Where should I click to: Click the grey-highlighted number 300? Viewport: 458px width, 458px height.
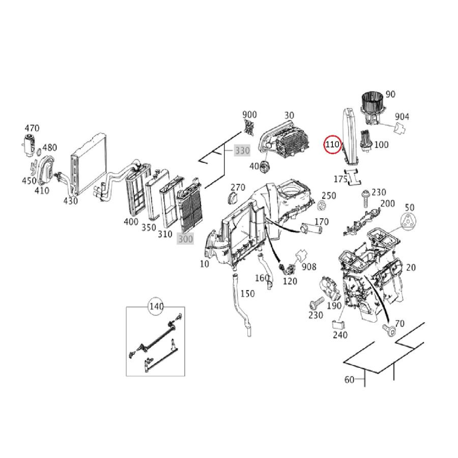click(x=185, y=238)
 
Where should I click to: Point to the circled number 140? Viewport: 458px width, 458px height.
click(x=156, y=306)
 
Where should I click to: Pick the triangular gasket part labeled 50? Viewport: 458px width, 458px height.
click(x=409, y=222)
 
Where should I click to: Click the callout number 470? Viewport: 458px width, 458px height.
click(x=32, y=128)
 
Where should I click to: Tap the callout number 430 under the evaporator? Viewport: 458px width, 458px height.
click(x=70, y=201)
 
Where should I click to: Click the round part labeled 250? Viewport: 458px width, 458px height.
click(x=322, y=206)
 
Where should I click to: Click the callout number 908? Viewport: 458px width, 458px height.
click(x=309, y=267)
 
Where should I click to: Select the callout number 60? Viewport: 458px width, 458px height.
click(x=349, y=379)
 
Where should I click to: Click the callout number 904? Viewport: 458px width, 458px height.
click(x=402, y=117)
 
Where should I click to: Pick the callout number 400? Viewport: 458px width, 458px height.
click(x=131, y=222)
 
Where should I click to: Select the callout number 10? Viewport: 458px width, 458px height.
click(x=204, y=264)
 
